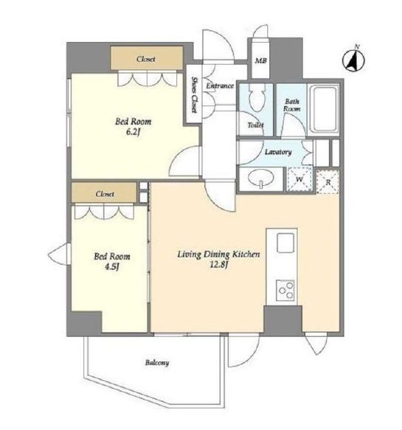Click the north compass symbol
point(353,60)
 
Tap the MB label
point(260,60)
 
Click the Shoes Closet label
point(194,94)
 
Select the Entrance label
point(220,86)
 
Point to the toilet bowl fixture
point(257,97)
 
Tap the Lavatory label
point(278,152)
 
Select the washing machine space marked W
point(299,179)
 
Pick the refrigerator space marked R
point(328,182)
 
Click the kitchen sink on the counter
point(285,243)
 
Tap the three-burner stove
point(285,291)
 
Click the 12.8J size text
point(218,266)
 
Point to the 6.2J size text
point(134,133)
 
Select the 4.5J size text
point(112,266)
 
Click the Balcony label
point(157,363)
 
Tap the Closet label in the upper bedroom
point(146,59)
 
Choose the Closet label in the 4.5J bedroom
point(105,194)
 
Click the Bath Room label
point(292,105)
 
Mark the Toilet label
point(255,125)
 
